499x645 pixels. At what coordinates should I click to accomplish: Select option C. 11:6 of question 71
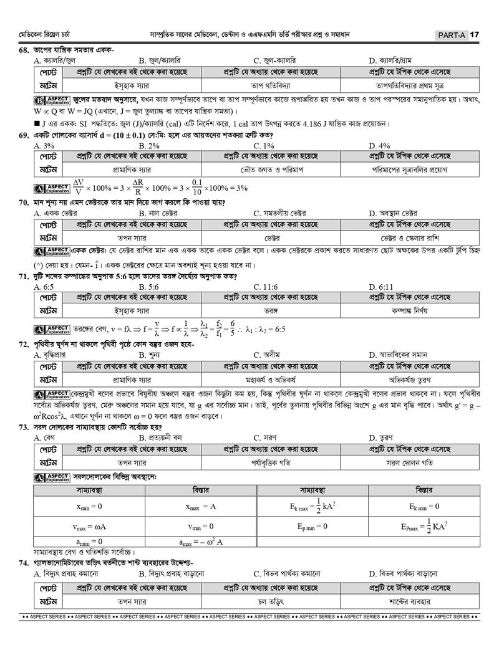click(x=266, y=287)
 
